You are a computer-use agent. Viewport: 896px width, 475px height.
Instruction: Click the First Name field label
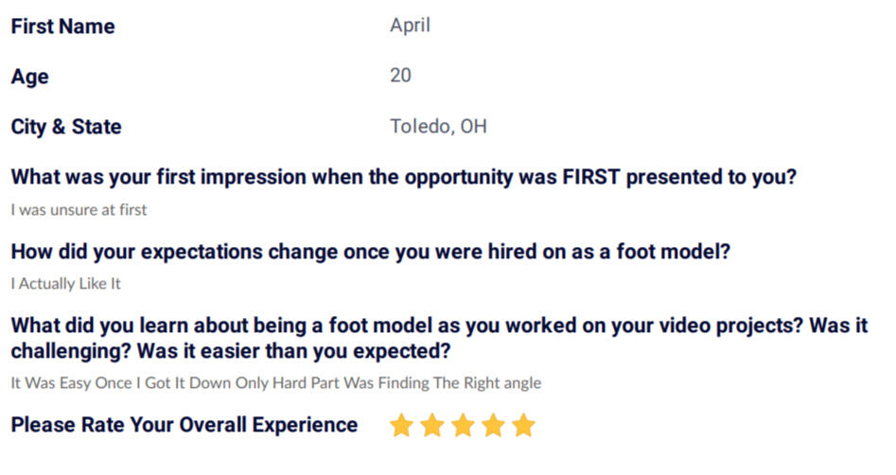[62, 26]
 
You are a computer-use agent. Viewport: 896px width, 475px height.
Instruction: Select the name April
[410, 26]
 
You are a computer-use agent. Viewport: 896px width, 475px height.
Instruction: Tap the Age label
[29, 78]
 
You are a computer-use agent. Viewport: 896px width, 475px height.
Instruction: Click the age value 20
[400, 76]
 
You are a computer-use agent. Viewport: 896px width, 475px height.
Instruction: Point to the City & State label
[66, 127]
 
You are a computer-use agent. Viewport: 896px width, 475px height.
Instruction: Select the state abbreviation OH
[474, 127]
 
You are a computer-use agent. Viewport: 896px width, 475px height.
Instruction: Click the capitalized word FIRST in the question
[590, 177]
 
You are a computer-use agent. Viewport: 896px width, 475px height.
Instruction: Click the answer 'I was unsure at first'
[79, 210]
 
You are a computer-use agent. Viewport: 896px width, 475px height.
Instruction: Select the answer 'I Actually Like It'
[65, 284]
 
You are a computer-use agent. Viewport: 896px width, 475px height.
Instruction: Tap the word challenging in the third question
[71, 351]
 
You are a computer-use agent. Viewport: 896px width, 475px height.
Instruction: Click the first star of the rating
[401, 425]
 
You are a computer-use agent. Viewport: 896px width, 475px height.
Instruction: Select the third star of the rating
[463, 425]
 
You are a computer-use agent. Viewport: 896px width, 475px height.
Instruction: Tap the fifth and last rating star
[523, 425]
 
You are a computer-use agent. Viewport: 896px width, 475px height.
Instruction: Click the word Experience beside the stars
[305, 425]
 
